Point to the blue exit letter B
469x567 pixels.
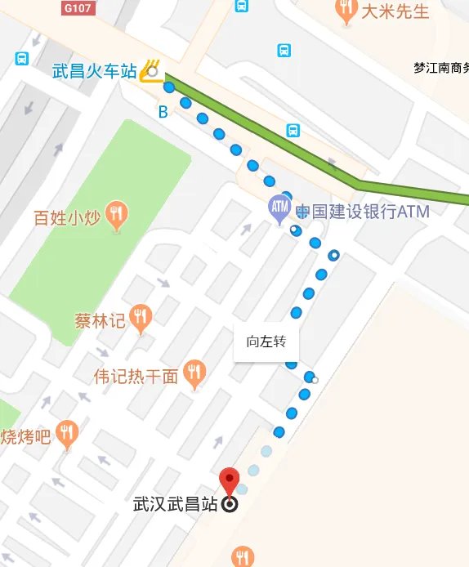pyautogui.click(x=163, y=112)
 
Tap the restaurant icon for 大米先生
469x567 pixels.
pyautogui.click(x=346, y=11)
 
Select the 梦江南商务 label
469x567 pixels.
pyautogui.click(x=441, y=69)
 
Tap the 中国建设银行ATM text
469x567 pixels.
pyautogui.click(x=362, y=212)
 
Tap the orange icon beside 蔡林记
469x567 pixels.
pyautogui.click(x=142, y=317)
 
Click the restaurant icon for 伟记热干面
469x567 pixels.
pyautogui.click(x=194, y=374)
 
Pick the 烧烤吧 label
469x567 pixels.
pyautogui.click(x=26, y=435)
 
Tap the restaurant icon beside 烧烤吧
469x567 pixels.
pyautogui.click(x=67, y=433)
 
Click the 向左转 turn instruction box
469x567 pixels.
pyautogui.click(x=266, y=342)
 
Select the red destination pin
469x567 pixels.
pyautogui.click(x=230, y=480)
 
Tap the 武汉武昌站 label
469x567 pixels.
pyautogui.click(x=176, y=505)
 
